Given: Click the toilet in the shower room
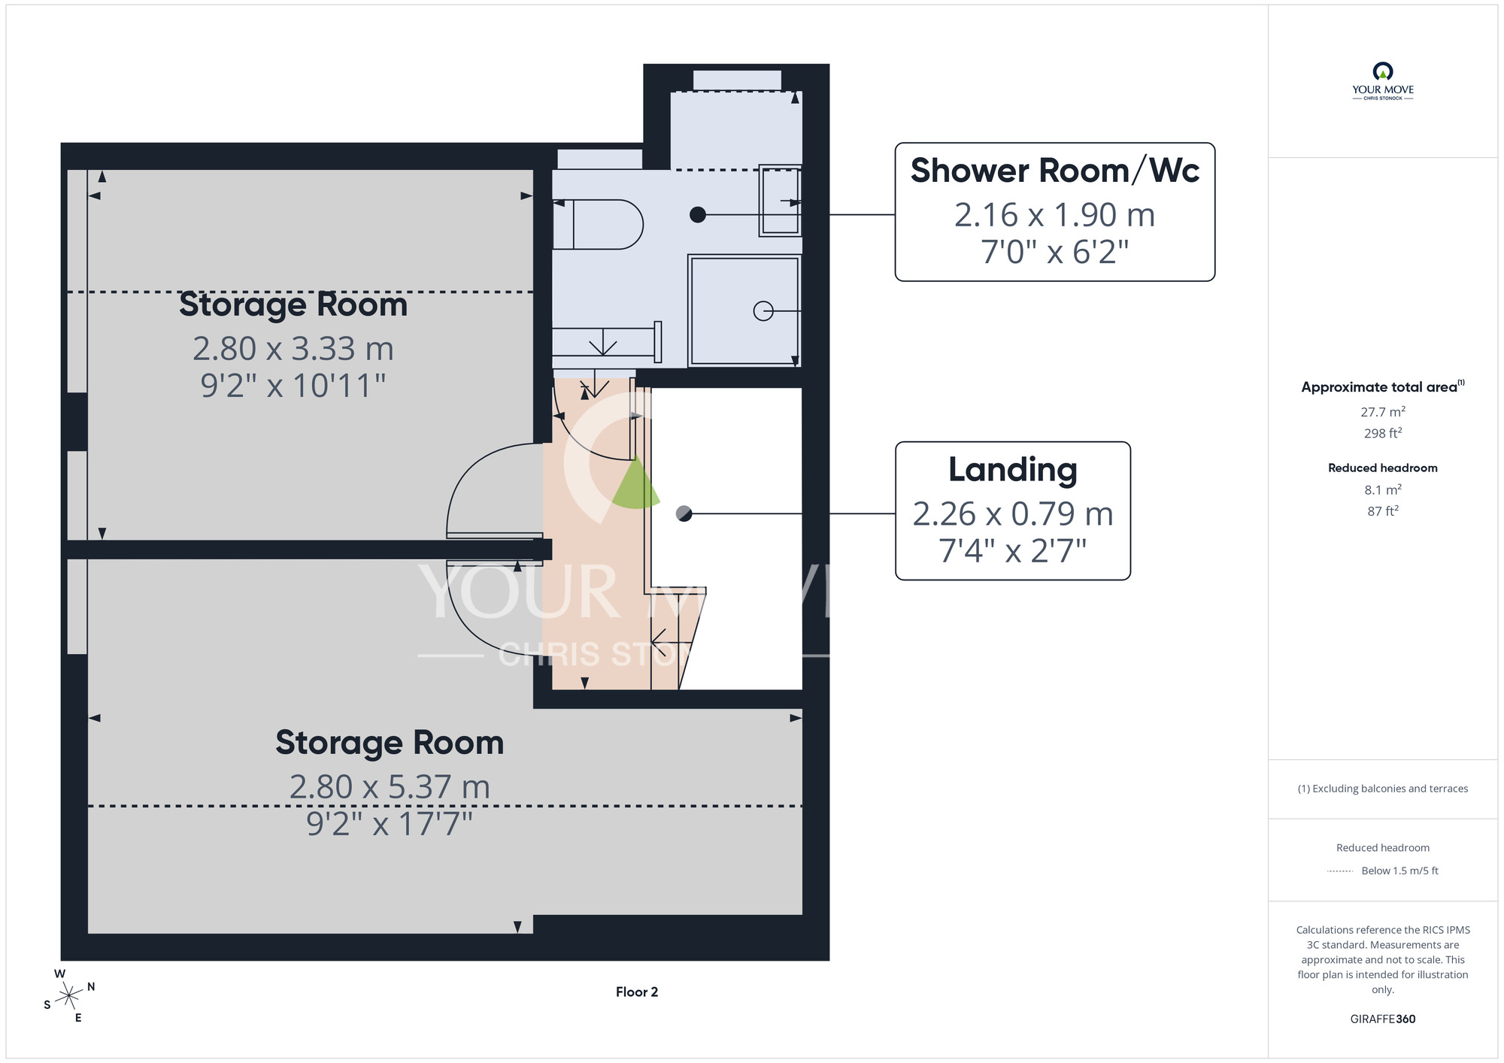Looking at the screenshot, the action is tap(598, 224).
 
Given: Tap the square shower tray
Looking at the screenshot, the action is tap(744, 310).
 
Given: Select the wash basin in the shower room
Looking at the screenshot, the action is tap(780, 201).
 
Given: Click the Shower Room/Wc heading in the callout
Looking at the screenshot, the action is tap(1054, 171).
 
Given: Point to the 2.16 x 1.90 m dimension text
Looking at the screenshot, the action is tap(1054, 215).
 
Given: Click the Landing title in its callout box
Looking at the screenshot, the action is tap(1012, 469).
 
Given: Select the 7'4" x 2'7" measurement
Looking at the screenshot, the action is tap(1012, 551).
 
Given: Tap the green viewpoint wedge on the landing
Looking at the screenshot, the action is tap(636, 485).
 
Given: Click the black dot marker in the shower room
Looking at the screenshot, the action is tap(698, 215).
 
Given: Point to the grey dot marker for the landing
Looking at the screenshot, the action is tap(684, 513).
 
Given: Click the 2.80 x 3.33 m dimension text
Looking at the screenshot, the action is tap(293, 349).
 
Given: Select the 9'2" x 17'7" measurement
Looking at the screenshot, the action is tap(390, 824).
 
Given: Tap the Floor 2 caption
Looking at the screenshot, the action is tap(637, 992).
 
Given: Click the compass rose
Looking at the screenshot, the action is tap(69, 996).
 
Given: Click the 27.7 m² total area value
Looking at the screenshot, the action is tap(1383, 412).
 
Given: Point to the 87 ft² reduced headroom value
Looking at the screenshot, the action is tap(1383, 511).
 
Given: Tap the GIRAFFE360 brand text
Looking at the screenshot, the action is tap(1383, 1019).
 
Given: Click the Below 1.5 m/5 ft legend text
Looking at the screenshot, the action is tap(1399, 871).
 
